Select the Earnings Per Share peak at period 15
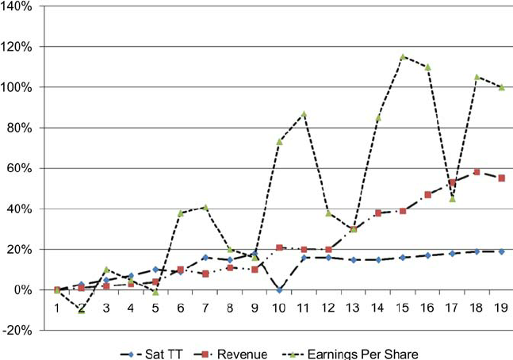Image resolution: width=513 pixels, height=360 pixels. click(403, 57)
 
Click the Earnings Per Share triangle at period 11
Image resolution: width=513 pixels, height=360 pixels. click(304, 114)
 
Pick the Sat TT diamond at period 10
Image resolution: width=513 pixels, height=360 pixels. click(279, 290)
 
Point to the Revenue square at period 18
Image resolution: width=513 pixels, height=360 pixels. click(477, 172)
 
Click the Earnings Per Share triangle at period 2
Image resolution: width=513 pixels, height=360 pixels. click(82, 310)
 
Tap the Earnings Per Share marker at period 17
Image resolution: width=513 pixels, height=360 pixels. click(452, 198)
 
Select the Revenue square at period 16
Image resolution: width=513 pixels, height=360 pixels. click(427, 194)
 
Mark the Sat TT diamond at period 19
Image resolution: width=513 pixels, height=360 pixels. click(501, 251)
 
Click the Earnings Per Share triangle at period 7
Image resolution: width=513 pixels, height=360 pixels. click(205, 207)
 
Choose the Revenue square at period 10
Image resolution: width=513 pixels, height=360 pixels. click(279, 247)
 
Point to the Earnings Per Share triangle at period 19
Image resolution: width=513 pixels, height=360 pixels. click(501, 87)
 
